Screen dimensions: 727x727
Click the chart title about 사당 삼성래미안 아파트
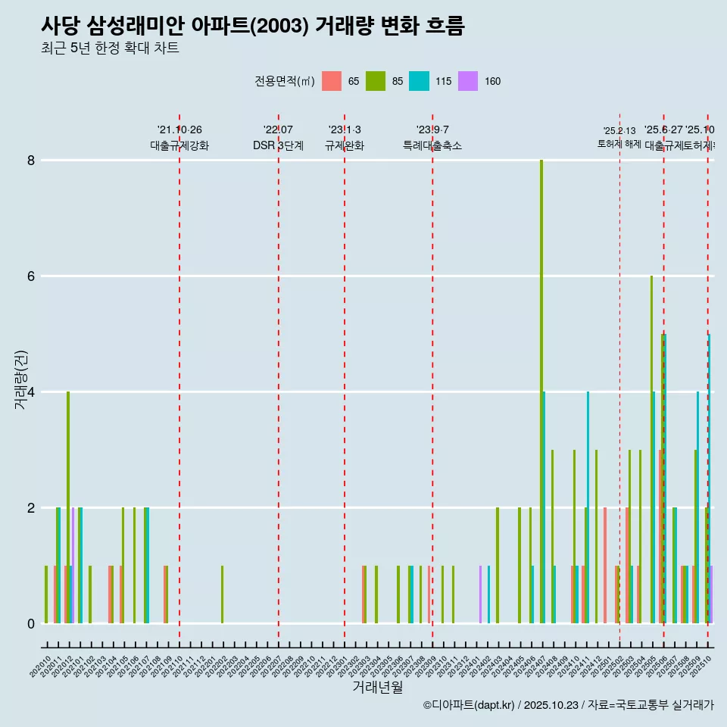252,26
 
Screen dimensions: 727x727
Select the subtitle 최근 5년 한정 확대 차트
110,48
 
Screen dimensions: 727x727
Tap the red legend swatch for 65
332,81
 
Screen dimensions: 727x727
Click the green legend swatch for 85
376,81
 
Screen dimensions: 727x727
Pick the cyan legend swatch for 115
419,81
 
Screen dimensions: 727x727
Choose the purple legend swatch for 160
468,81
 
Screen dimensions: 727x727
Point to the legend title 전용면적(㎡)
285,81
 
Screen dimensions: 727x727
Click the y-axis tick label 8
31,161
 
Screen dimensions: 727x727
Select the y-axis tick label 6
31,276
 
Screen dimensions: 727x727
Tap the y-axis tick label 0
31,624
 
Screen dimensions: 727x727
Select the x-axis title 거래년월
377,687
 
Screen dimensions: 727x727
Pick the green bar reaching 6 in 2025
651,447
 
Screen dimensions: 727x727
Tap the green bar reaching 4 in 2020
68,507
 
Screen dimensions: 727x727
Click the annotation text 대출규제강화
179,145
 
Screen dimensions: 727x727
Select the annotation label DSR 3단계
278,145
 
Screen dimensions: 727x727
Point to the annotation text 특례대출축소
432,145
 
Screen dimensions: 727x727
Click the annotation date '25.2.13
619,131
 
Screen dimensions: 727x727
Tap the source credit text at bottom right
568,705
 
